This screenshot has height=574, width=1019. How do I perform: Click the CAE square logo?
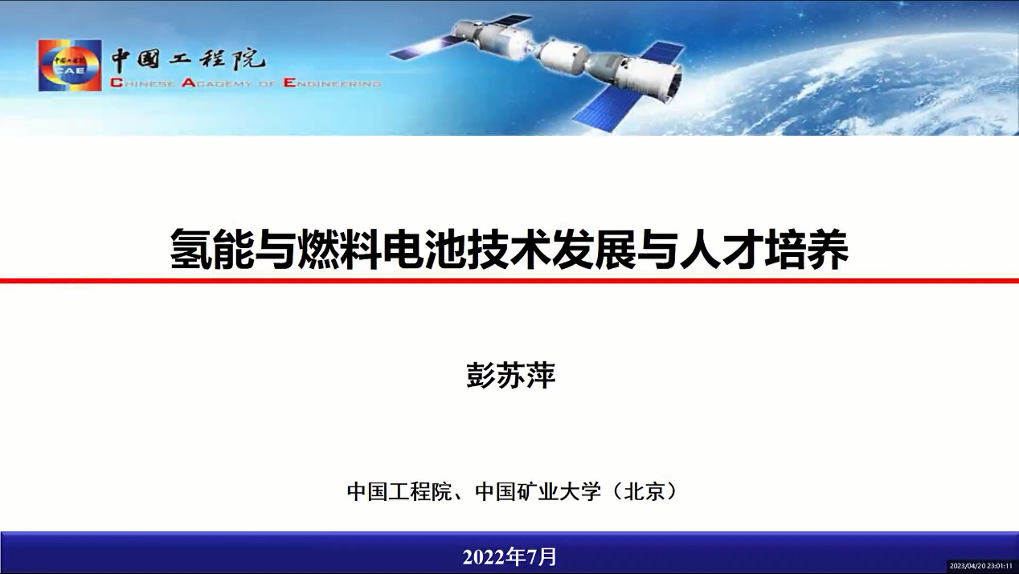pyautogui.click(x=70, y=66)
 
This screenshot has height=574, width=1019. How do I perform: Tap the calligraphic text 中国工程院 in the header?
pyautogui.click(x=188, y=59)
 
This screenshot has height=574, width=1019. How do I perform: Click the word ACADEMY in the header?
pyautogui.click(x=216, y=83)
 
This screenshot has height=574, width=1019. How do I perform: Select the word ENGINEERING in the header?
pyautogui.click(x=332, y=83)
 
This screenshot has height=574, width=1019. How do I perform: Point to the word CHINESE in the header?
pyautogui.click(x=142, y=83)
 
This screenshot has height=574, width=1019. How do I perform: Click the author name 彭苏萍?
pyautogui.click(x=511, y=376)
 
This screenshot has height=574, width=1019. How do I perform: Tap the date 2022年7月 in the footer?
pyautogui.click(x=509, y=556)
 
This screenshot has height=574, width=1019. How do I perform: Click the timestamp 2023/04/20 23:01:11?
pyautogui.click(x=980, y=566)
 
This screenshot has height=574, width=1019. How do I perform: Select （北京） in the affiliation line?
pyautogui.click(x=644, y=492)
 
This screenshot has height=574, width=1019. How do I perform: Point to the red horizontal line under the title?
pyautogui.click(x=509, y=280)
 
